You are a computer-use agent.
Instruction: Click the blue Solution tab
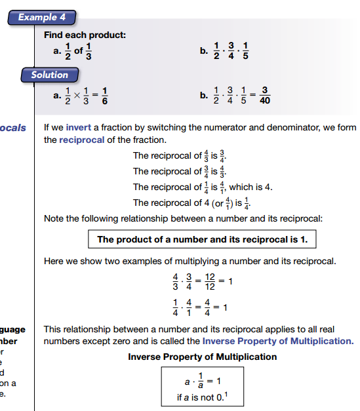pyautogui.click(x=49, y=75)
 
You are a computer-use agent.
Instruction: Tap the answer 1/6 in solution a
pyautogui.click(x=104, y=96)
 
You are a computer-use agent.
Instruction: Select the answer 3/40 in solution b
pyautogui.click(x=265, y=96)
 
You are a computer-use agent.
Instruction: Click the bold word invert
pyautogui.click(x=79, y=128)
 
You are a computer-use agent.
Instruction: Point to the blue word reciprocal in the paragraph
pyautogui.click(x=84, y=140)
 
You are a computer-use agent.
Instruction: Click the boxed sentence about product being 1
pyautogui.click(x=202, y=239)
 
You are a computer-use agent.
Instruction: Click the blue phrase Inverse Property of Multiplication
pyautogui.click(x=277, y=341)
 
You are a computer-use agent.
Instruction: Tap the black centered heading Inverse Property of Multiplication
pyautogui.click(x=202, y=357)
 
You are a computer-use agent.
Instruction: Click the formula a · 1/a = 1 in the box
pyautogui.click(x=201, y=382)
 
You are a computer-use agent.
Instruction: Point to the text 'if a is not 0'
pyautogui.click(x=201, y=398)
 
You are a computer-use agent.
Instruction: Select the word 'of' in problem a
pyautogui.click(x=78, y=50)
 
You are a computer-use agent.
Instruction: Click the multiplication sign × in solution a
pyautogui.click(x=76, y=96)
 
